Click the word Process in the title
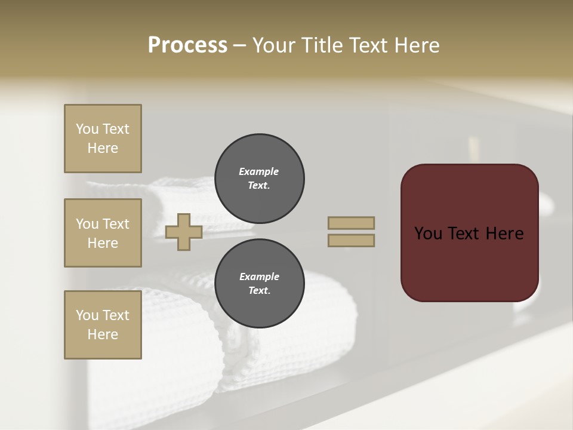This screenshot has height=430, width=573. point(187,45)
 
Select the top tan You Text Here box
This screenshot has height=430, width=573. point(103,139)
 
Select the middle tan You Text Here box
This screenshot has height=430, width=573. point(103,233)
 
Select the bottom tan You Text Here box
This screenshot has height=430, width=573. point(103,325)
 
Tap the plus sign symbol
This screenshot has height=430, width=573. point(183,232)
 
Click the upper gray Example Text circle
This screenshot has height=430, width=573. point(259,178)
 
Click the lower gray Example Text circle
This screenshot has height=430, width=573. point(259,283)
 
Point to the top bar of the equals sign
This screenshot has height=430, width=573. point(351,223)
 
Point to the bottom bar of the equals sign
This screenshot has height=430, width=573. point(351,240)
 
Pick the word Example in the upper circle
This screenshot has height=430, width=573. point(259,171)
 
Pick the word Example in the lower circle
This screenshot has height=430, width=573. point(259,277)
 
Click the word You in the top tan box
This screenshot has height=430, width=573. point(87,129)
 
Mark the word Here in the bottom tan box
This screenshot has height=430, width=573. point(103,334)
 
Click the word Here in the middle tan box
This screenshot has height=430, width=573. point(103,243)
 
